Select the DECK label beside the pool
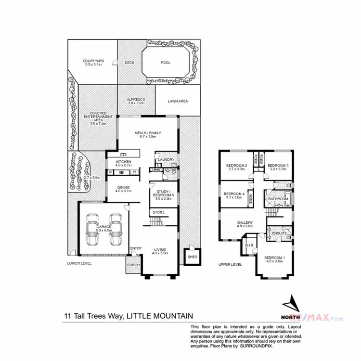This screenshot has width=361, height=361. (129, 63)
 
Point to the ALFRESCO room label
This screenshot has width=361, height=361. (136, 100)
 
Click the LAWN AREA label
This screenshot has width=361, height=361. (178, 101)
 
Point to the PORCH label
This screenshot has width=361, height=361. (133, 265)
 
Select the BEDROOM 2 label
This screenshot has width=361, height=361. (236, 167)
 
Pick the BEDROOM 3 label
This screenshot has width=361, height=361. (277, 167)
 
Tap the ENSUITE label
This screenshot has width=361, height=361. (280, 233)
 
